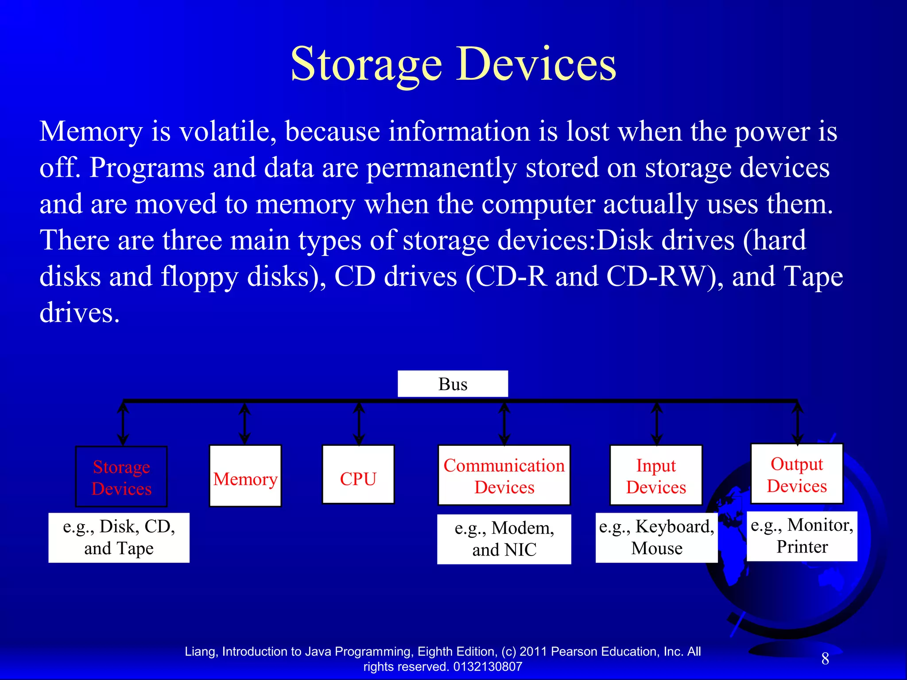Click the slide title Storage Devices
[453, 64]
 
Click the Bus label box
[453, 384]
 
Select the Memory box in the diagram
[245, 475]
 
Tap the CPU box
[358, 475]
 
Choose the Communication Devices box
[504, 475]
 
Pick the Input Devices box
[656, 475]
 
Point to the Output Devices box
[797, 474]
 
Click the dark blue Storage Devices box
[121, 477]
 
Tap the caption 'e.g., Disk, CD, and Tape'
[119, 537]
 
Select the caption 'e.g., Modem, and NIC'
[504, 539]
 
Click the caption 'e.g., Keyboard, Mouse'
[656, 537]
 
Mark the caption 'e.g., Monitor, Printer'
[802, 536]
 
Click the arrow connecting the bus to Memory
[244, 423]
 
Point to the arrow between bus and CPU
[359, 423]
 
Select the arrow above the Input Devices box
[657, 423]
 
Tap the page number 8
[825, 659]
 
